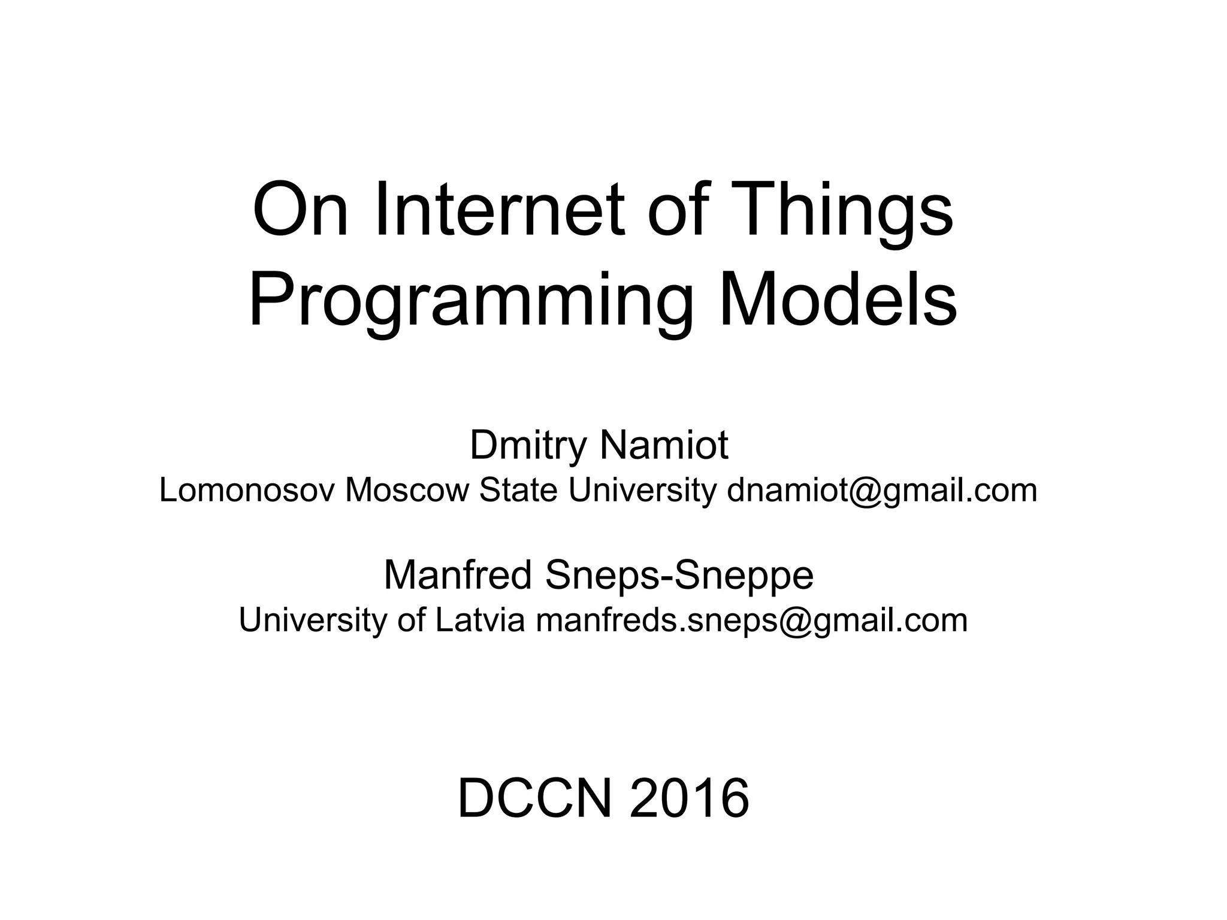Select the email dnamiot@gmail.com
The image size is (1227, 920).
pos(882,491)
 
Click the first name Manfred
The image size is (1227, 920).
pos(458,575)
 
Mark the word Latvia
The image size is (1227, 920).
pos(480,621)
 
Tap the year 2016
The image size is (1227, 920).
pos(689,799)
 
